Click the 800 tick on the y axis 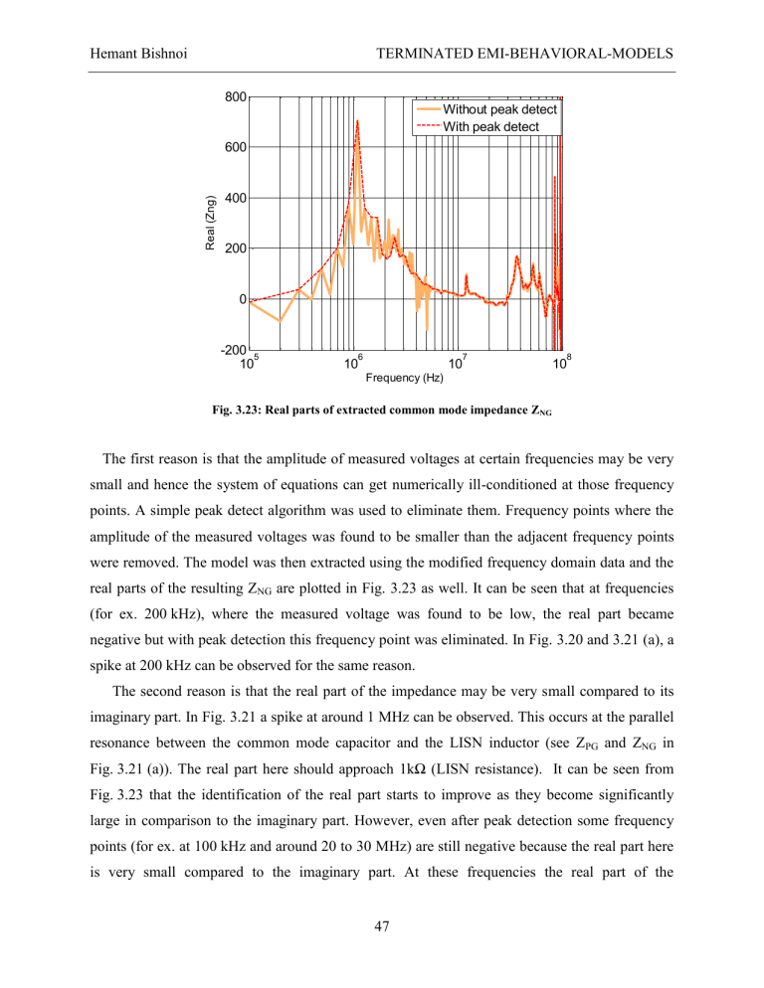(x=235, y=97)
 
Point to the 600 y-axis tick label (x=235, y=148)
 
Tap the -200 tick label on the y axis (x=233, y=350)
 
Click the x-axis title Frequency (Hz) (x=404, y=379)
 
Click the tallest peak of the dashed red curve (x=356, y=121)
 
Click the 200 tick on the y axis (x=235, y=248)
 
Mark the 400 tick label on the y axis (x=235, y=199)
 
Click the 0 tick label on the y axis (x=242, y=299)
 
